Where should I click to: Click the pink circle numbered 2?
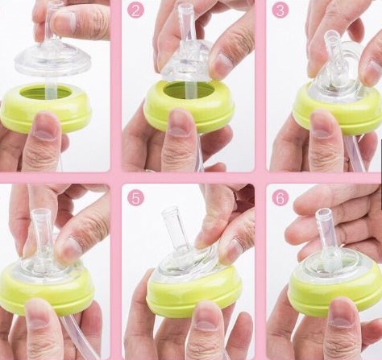click(135, 11)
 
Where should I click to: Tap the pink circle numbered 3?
click(280, 11)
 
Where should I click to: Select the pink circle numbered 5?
click(135, 198)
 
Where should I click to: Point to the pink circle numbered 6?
click(280, 198)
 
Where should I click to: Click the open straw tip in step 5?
click(170, 210)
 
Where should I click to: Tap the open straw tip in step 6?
click(322, 213)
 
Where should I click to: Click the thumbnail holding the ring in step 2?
click(179, 122)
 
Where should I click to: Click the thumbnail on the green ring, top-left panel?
click(45, 126)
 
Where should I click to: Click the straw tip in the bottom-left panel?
click(41, 214)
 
